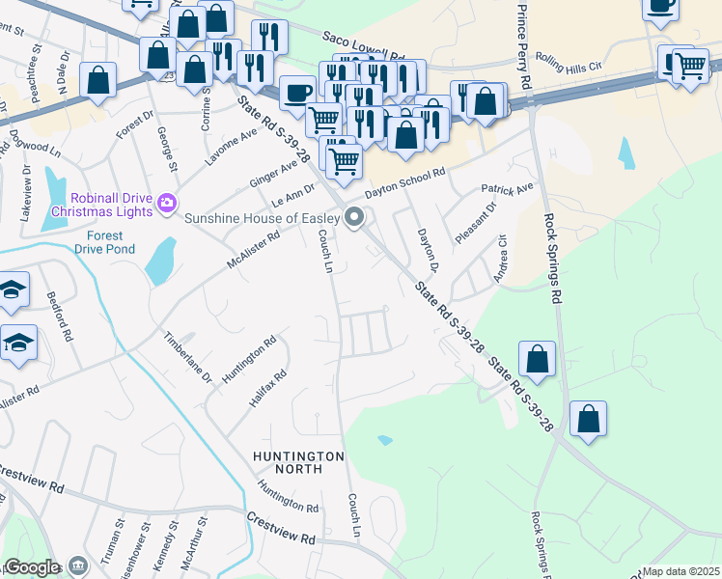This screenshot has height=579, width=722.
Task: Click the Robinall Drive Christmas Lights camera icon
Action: click(167, 204)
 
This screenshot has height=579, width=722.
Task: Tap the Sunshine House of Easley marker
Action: click(355, 218)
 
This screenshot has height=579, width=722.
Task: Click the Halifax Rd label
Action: click(268, 388)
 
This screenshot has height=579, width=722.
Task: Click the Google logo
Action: click(32, 567)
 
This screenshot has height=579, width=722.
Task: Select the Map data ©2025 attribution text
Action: click(681, 571)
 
